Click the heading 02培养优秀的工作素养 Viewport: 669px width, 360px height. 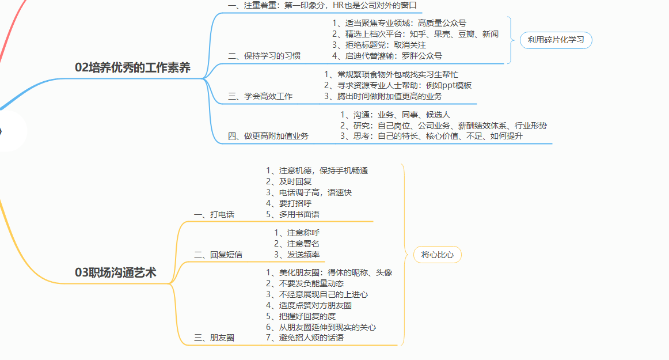coord(132,67)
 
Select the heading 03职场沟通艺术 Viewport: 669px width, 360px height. coord(116,272)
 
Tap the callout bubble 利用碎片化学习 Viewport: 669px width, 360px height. coord(556,40)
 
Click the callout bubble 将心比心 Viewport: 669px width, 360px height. coord(438,255)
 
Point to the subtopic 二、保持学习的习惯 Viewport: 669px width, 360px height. coord(264,56)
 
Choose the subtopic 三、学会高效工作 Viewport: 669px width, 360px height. coord(260,96)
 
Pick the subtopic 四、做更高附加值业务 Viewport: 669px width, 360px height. coord(268,137)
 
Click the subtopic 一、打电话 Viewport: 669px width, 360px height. coord(214,214)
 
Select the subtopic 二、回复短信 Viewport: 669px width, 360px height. coord(218,255)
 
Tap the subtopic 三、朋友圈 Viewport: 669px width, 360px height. coord(214,338)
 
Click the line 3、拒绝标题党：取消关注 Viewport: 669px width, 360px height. coord(379,45)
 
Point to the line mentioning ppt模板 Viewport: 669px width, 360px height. coord(398,85)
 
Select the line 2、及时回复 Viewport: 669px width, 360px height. coord(289,181)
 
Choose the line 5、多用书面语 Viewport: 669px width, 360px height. coord(292,214)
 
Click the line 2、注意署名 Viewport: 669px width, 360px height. coord(297,244)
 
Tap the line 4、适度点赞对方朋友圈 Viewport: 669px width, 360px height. coord(309,305)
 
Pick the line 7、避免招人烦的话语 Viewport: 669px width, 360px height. coord(305,338)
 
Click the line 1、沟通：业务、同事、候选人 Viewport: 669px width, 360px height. coord(395,115)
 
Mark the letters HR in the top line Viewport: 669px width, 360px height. coord(339,5)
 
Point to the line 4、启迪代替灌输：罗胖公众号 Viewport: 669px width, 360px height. coord(387,56)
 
